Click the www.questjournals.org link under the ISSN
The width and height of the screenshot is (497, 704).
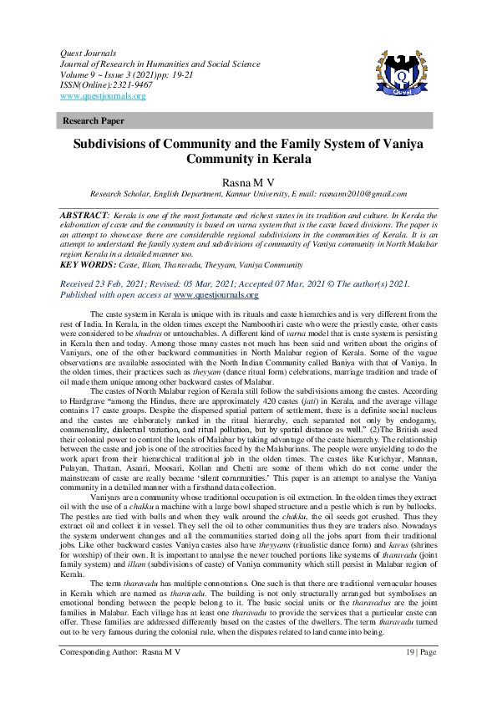click(103, 96)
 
